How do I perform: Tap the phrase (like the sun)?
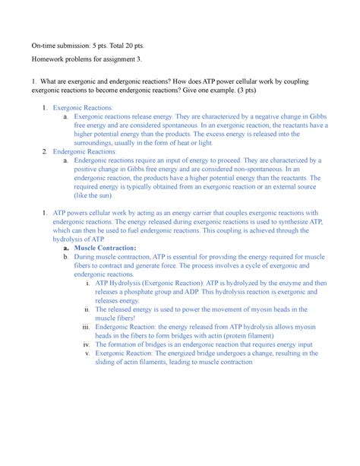coord(94,194)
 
